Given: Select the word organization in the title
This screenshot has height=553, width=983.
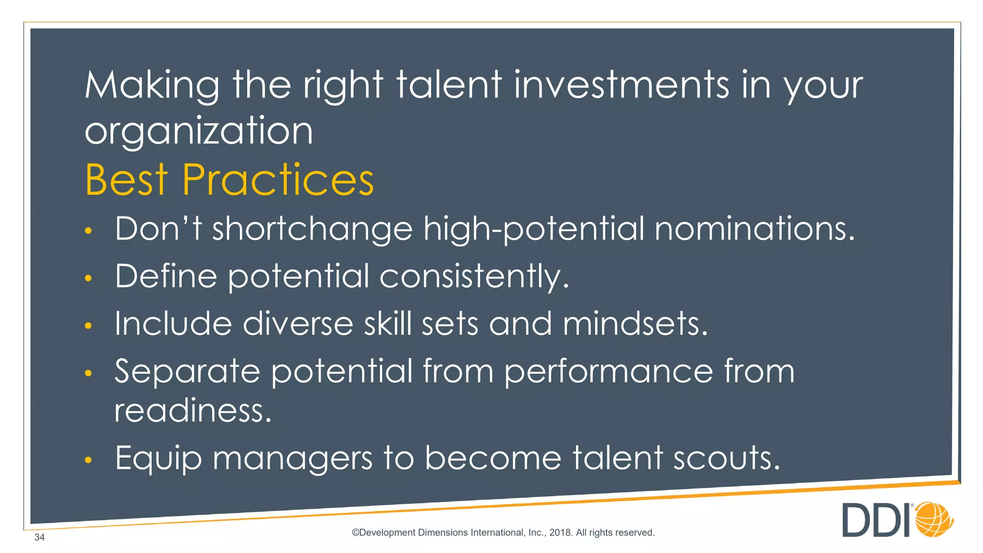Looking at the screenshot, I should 199,132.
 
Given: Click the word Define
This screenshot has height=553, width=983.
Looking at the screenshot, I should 166,276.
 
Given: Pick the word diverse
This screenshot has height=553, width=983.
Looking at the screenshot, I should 298,324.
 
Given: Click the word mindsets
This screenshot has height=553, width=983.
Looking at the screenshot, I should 635,324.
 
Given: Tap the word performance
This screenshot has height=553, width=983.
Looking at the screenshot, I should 609,372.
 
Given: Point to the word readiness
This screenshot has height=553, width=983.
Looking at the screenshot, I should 193,411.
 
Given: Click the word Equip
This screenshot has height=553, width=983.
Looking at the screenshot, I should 158,458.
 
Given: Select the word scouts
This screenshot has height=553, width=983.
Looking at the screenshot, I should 726,458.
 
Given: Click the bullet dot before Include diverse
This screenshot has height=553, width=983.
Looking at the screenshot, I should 88,326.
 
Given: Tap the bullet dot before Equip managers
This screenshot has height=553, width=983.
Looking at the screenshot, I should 88,460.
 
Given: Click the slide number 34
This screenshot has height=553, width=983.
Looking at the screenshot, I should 39,537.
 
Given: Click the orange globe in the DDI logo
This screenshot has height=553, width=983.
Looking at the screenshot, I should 934,519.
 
